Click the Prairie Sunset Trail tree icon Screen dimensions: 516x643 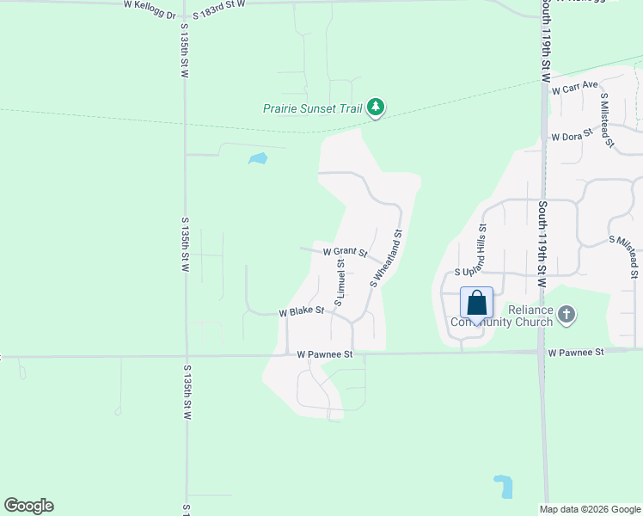click(375, 107)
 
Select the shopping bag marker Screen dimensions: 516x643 click(476, 304)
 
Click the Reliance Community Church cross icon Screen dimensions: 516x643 click(566, 314)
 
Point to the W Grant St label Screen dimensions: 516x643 click(346, 253)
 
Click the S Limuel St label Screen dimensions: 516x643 click(340, 287)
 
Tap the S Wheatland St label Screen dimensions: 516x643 click(386, 258)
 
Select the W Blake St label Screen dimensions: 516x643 click(301, 312)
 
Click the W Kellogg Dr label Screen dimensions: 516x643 click(149, 4)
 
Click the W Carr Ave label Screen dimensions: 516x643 click(575, 87)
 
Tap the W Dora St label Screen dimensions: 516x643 click(573, 135)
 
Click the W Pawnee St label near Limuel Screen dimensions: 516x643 click(325, 353)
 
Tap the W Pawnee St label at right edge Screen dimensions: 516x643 click(576, 352)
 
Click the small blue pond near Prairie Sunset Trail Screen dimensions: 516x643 click(257, 158)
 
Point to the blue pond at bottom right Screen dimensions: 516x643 click(504, 486)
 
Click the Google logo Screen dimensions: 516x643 click(28, 506)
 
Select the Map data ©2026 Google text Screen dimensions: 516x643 click(590, 509)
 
